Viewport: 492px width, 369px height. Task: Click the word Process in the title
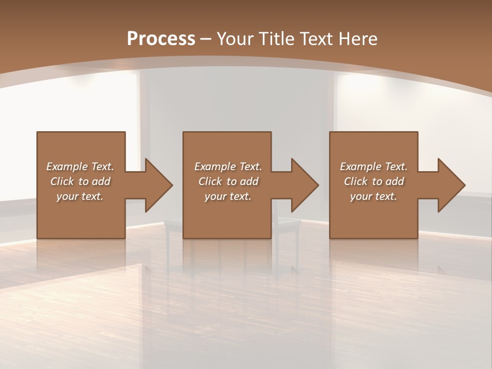[161, 38]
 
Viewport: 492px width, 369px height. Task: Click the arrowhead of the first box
[156, 185]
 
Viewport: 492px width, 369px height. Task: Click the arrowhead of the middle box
[303, 185]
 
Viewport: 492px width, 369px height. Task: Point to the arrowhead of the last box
[449, 185]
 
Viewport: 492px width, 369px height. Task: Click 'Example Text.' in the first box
[80, 167]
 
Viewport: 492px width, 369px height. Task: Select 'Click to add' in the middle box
[228, 181]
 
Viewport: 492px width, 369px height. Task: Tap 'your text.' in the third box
[374, 196]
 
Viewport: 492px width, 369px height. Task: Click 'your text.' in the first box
[80, 196]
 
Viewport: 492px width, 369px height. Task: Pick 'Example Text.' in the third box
[374, 167]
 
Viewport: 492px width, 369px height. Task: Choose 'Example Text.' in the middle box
[228, 167]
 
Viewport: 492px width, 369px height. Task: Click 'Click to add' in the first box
[80, 181]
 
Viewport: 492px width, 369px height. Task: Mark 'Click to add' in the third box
[374, 181]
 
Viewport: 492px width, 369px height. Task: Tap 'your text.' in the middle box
[228, 196]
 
